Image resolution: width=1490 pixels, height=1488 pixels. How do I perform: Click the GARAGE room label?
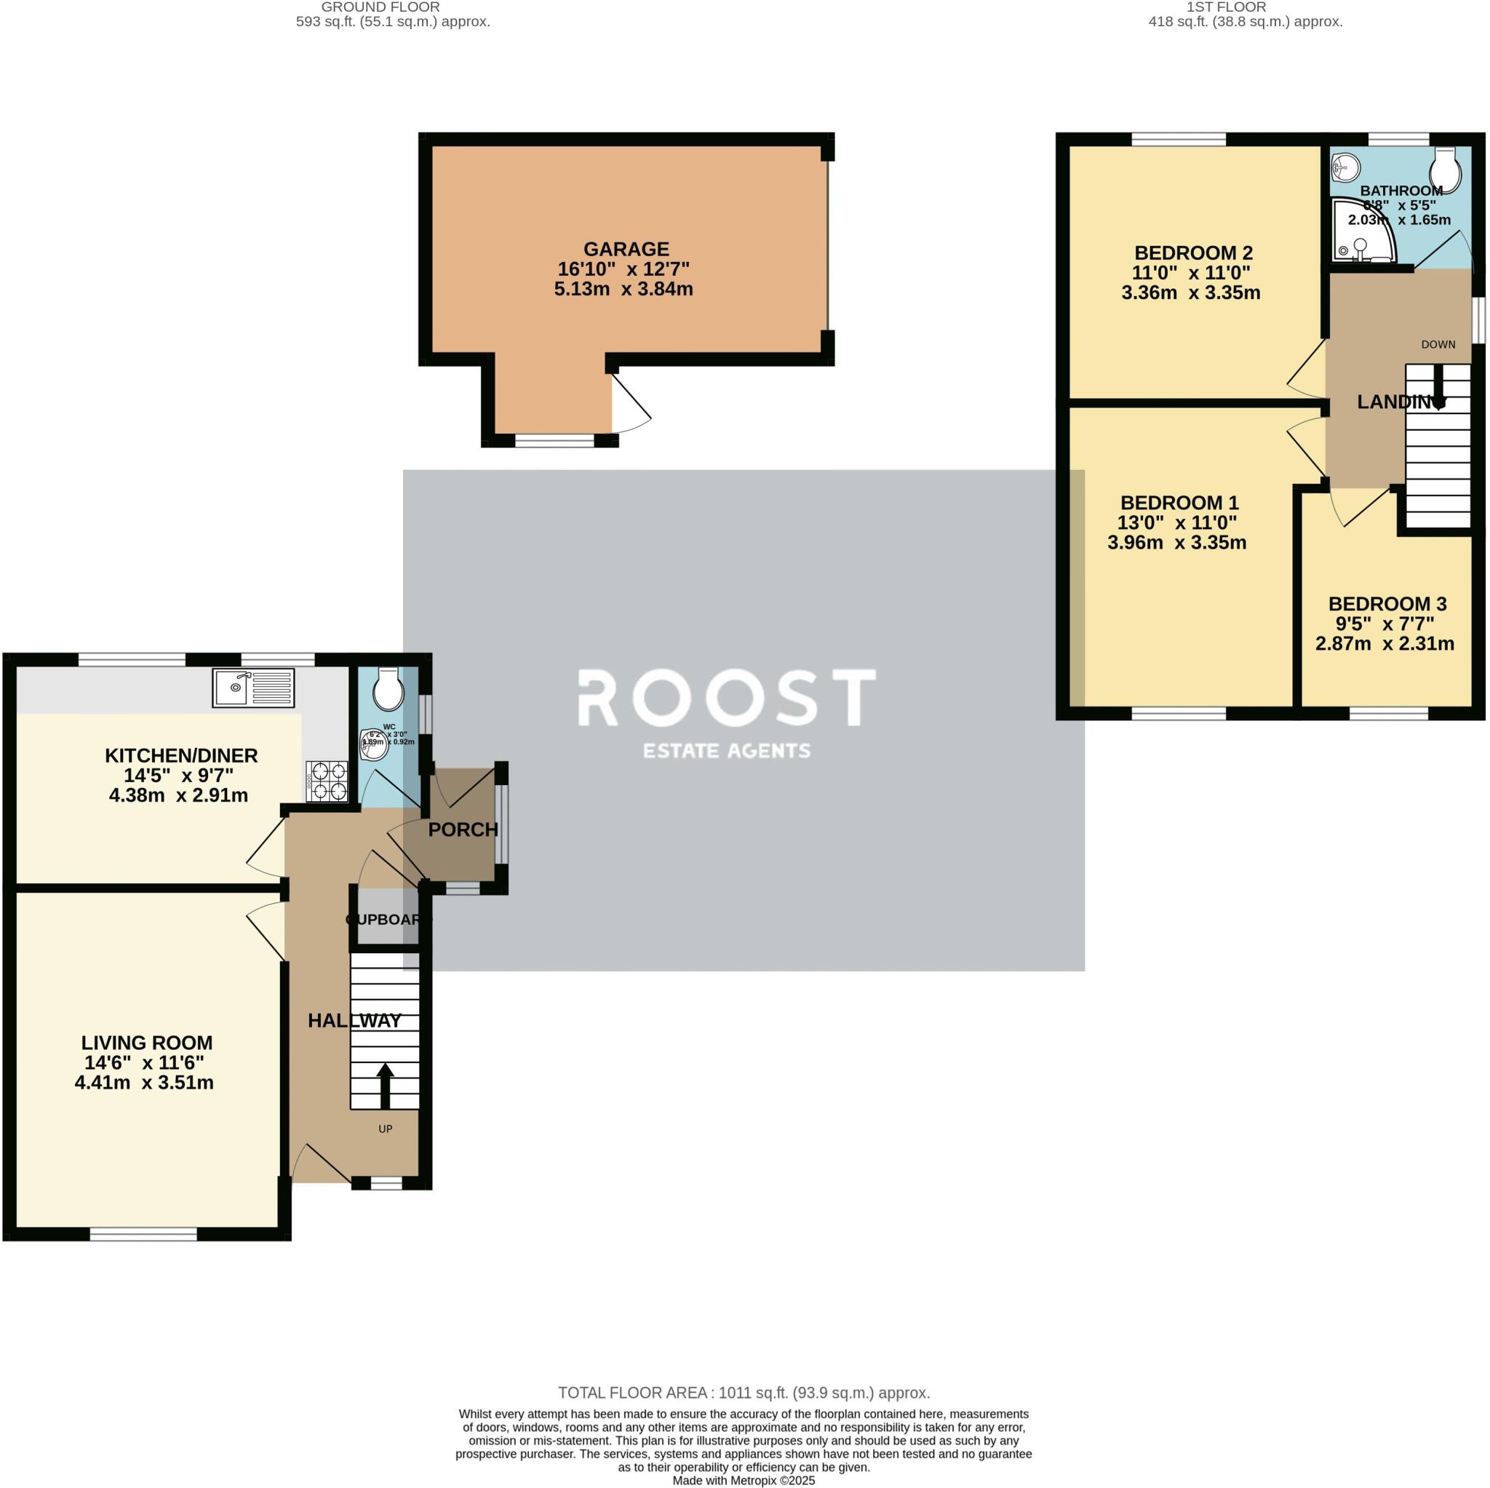click(626, 249)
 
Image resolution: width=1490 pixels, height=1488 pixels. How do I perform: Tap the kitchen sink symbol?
click(253, 688)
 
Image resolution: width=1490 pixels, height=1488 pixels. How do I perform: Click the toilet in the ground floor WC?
click(387, 689)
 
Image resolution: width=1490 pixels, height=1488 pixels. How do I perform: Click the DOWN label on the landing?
click(1438, 344)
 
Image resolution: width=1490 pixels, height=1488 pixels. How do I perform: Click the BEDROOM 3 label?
click(1387, 604)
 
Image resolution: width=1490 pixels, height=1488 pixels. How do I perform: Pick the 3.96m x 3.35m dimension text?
click(1176, 542)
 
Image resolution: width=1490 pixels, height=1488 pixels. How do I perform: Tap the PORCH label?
click(463, 829)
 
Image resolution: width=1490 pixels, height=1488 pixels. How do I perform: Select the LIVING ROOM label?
click(146, 1042)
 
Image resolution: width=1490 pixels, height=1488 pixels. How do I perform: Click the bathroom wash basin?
click(1346, 166)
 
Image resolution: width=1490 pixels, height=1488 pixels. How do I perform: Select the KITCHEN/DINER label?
click(180, 755)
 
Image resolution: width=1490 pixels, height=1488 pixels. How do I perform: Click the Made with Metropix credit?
click(744, 1480)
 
